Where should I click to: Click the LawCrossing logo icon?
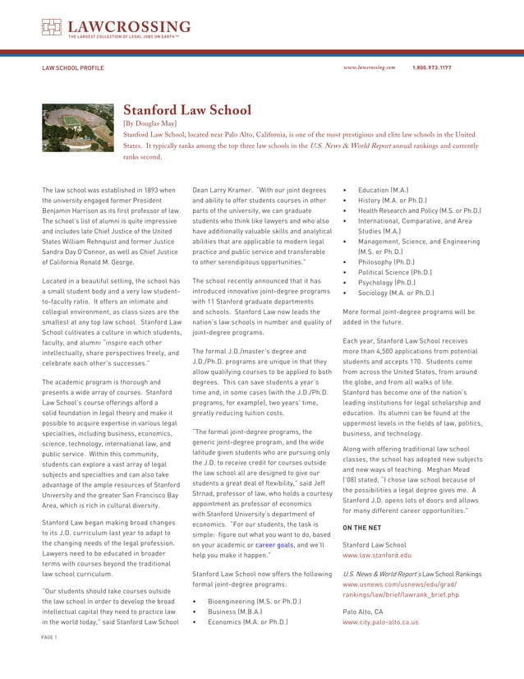click(52, 29)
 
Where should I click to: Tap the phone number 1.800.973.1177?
click(431, 67)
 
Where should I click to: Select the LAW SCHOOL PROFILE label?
click(73, 67)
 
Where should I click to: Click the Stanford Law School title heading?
click(187, 110)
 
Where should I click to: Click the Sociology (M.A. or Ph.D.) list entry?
click(402, 293)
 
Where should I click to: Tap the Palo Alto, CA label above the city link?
click(362, 612)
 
